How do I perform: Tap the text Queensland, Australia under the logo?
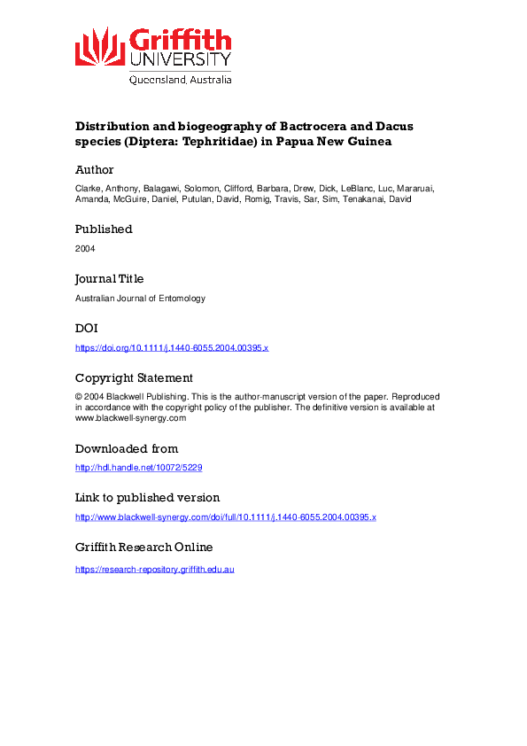click(181, 79)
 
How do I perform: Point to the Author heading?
click(94, 170)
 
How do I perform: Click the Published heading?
click(104, 229)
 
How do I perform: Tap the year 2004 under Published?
click(85, 248)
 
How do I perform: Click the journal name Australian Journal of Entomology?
click(140, 298)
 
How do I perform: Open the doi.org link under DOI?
click(171, 347)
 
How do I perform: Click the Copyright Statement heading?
click(134, 377)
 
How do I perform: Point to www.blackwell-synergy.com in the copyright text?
click(130, 418)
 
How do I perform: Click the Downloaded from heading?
click(127, 448)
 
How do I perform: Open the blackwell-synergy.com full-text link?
click(226, 517)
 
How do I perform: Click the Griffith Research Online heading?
click(143, 548)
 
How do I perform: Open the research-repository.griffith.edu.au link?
click(154, 567)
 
